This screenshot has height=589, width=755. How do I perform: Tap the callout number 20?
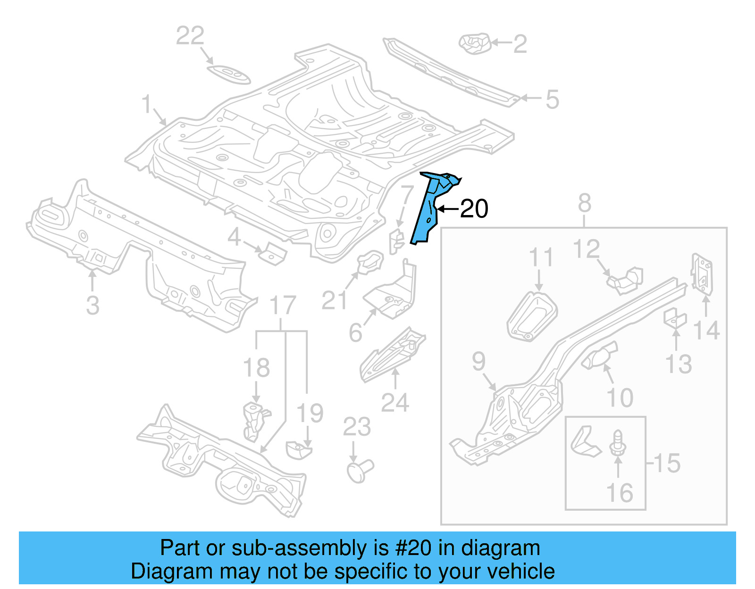[x=474, y=208]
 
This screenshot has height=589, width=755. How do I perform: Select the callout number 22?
[x=190, y=36]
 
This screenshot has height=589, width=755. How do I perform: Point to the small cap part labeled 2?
[x=475, y=43]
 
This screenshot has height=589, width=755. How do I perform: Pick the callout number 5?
[x=552, y=100]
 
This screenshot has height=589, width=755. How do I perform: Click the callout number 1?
[x=147, y=104]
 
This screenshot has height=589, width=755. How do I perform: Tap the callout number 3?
[x=93, y=305]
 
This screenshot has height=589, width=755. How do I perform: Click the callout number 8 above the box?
[x=584, y=204]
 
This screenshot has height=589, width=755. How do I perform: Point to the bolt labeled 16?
[x=617, y=443]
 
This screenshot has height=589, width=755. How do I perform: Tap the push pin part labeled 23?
[x=360, y=471]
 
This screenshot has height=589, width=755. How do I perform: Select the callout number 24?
[x=395, y=402]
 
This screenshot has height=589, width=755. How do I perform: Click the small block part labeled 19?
[x=298, y=450]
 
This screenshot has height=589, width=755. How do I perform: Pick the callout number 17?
[x=282, y=306]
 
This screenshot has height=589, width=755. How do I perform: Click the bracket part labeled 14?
[x=702, y=274]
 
